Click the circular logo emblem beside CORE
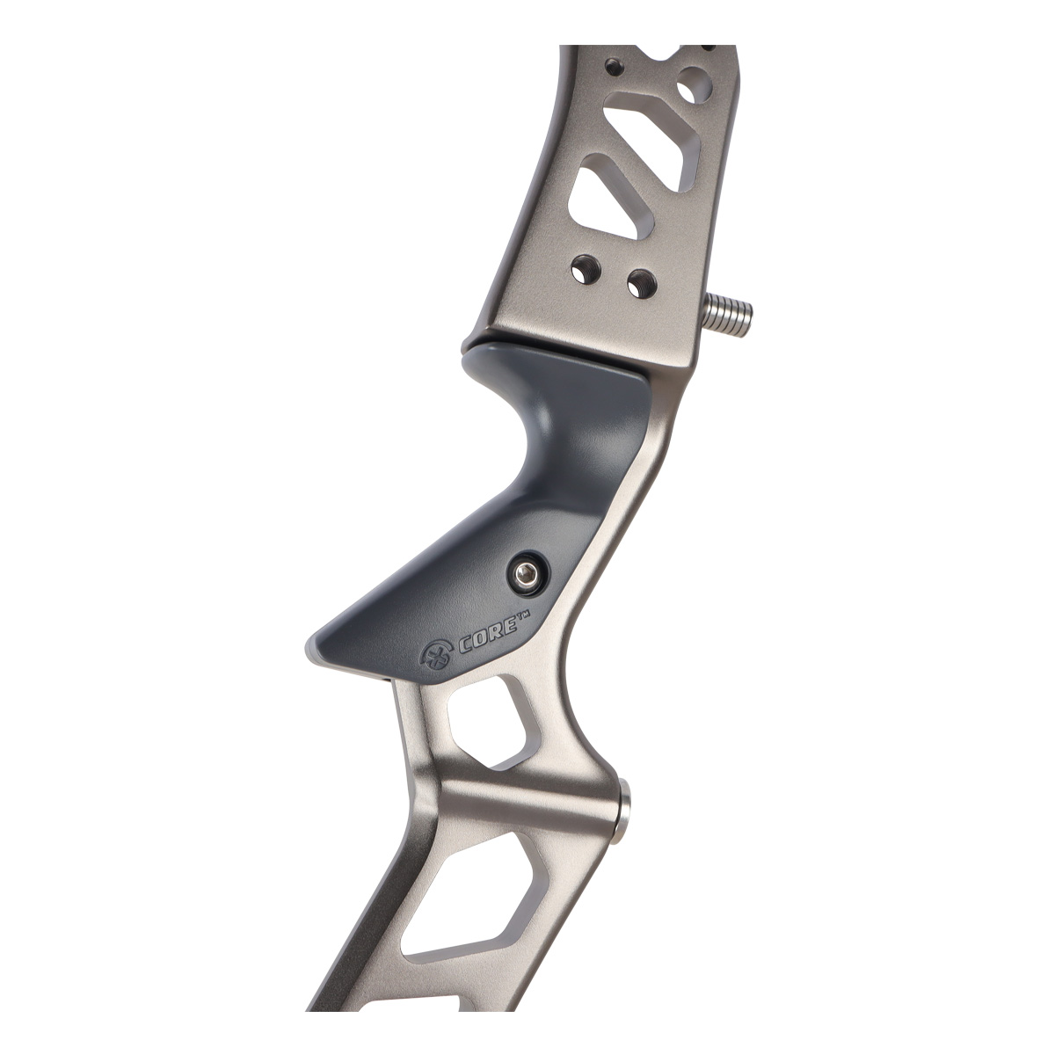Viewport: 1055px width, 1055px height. point(438,659)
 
